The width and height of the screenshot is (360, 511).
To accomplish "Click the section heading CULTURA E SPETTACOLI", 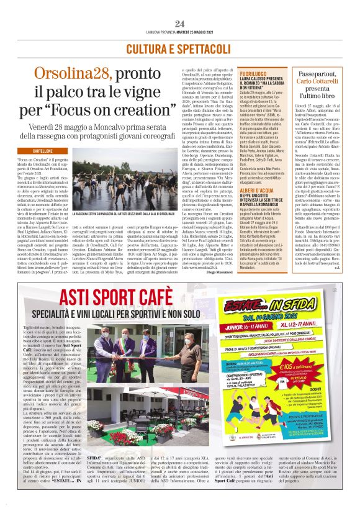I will click(x=179, y=48).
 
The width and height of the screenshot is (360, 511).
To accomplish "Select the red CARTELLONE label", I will click(x=42, y=150).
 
